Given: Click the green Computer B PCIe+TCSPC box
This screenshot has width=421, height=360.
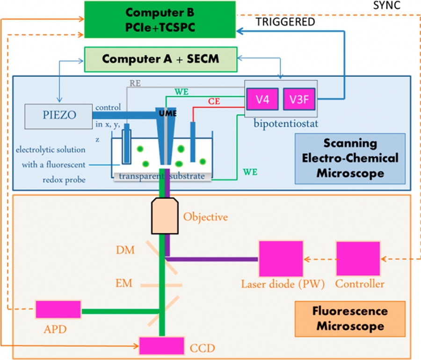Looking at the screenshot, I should coord(159,19).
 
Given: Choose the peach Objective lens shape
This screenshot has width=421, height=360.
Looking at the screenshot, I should coord(164,216).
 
